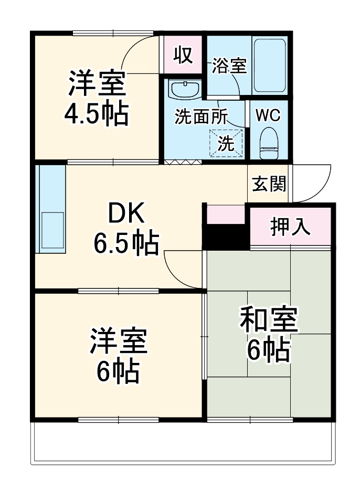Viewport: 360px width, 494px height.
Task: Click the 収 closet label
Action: coord(184,54)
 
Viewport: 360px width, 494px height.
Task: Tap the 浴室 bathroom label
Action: coord(229,67)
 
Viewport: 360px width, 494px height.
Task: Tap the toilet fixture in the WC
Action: coord(270,143)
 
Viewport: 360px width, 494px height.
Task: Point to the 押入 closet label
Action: coord(290,227)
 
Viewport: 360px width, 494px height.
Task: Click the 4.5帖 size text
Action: coord(96,113)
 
